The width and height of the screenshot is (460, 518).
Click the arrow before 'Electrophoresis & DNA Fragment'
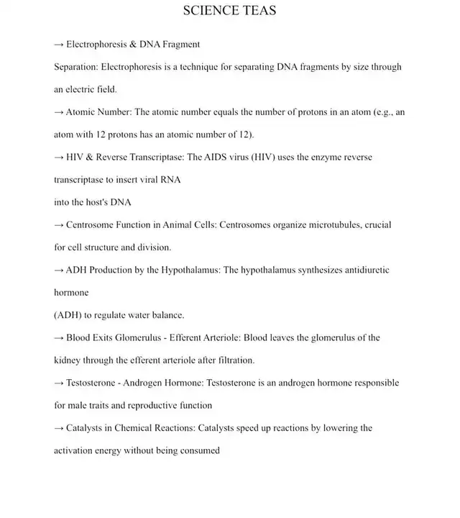click(59, 45)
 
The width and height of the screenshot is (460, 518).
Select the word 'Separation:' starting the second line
click(76, 67)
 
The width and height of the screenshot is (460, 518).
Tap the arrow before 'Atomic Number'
click(59, 112)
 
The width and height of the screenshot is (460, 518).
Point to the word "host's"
click(84, 202)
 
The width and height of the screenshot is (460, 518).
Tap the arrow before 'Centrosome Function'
click(59, 224)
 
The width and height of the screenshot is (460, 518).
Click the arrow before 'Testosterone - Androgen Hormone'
click(59, 383)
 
